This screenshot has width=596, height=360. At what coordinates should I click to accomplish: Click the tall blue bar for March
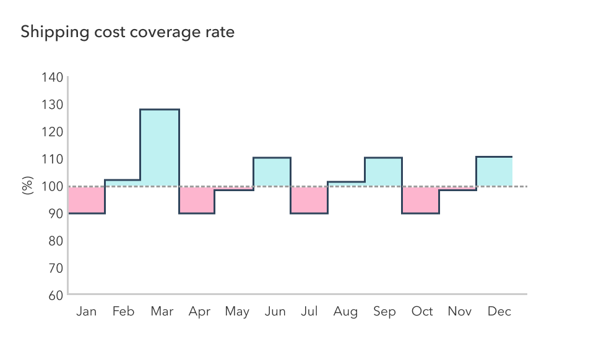click(x=160, y=148)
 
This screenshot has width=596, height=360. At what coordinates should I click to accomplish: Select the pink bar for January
click(x=87, y=200)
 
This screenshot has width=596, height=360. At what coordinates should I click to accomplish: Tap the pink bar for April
click(x=197, y=200)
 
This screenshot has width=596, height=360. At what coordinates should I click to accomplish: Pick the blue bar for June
click(x=272, y=172)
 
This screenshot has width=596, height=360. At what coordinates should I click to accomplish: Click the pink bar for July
click(x=309, y=200)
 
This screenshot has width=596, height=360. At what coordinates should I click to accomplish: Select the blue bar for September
click(x=383, y=172)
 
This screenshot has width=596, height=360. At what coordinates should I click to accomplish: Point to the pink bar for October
click(x=421, y=200)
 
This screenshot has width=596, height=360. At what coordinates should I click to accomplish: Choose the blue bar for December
click(x=494, y=171)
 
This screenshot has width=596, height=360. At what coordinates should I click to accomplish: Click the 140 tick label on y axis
click(x=53, y=77)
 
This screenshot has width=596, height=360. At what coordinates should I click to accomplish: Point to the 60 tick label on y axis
click(x=56, y=295)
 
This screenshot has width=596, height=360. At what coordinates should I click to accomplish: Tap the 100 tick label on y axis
click(x=53, y=186)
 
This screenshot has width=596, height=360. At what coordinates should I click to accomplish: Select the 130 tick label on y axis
click(x=53, y=105)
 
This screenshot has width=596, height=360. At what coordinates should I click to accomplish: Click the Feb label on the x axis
click(x=123, y=312)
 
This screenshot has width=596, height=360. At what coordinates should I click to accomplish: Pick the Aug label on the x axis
click(x=345, y=312)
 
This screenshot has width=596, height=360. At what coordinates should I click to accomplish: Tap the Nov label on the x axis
click(x=459, y=312)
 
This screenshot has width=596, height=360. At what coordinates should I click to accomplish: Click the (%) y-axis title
click(x=27, y=186)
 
